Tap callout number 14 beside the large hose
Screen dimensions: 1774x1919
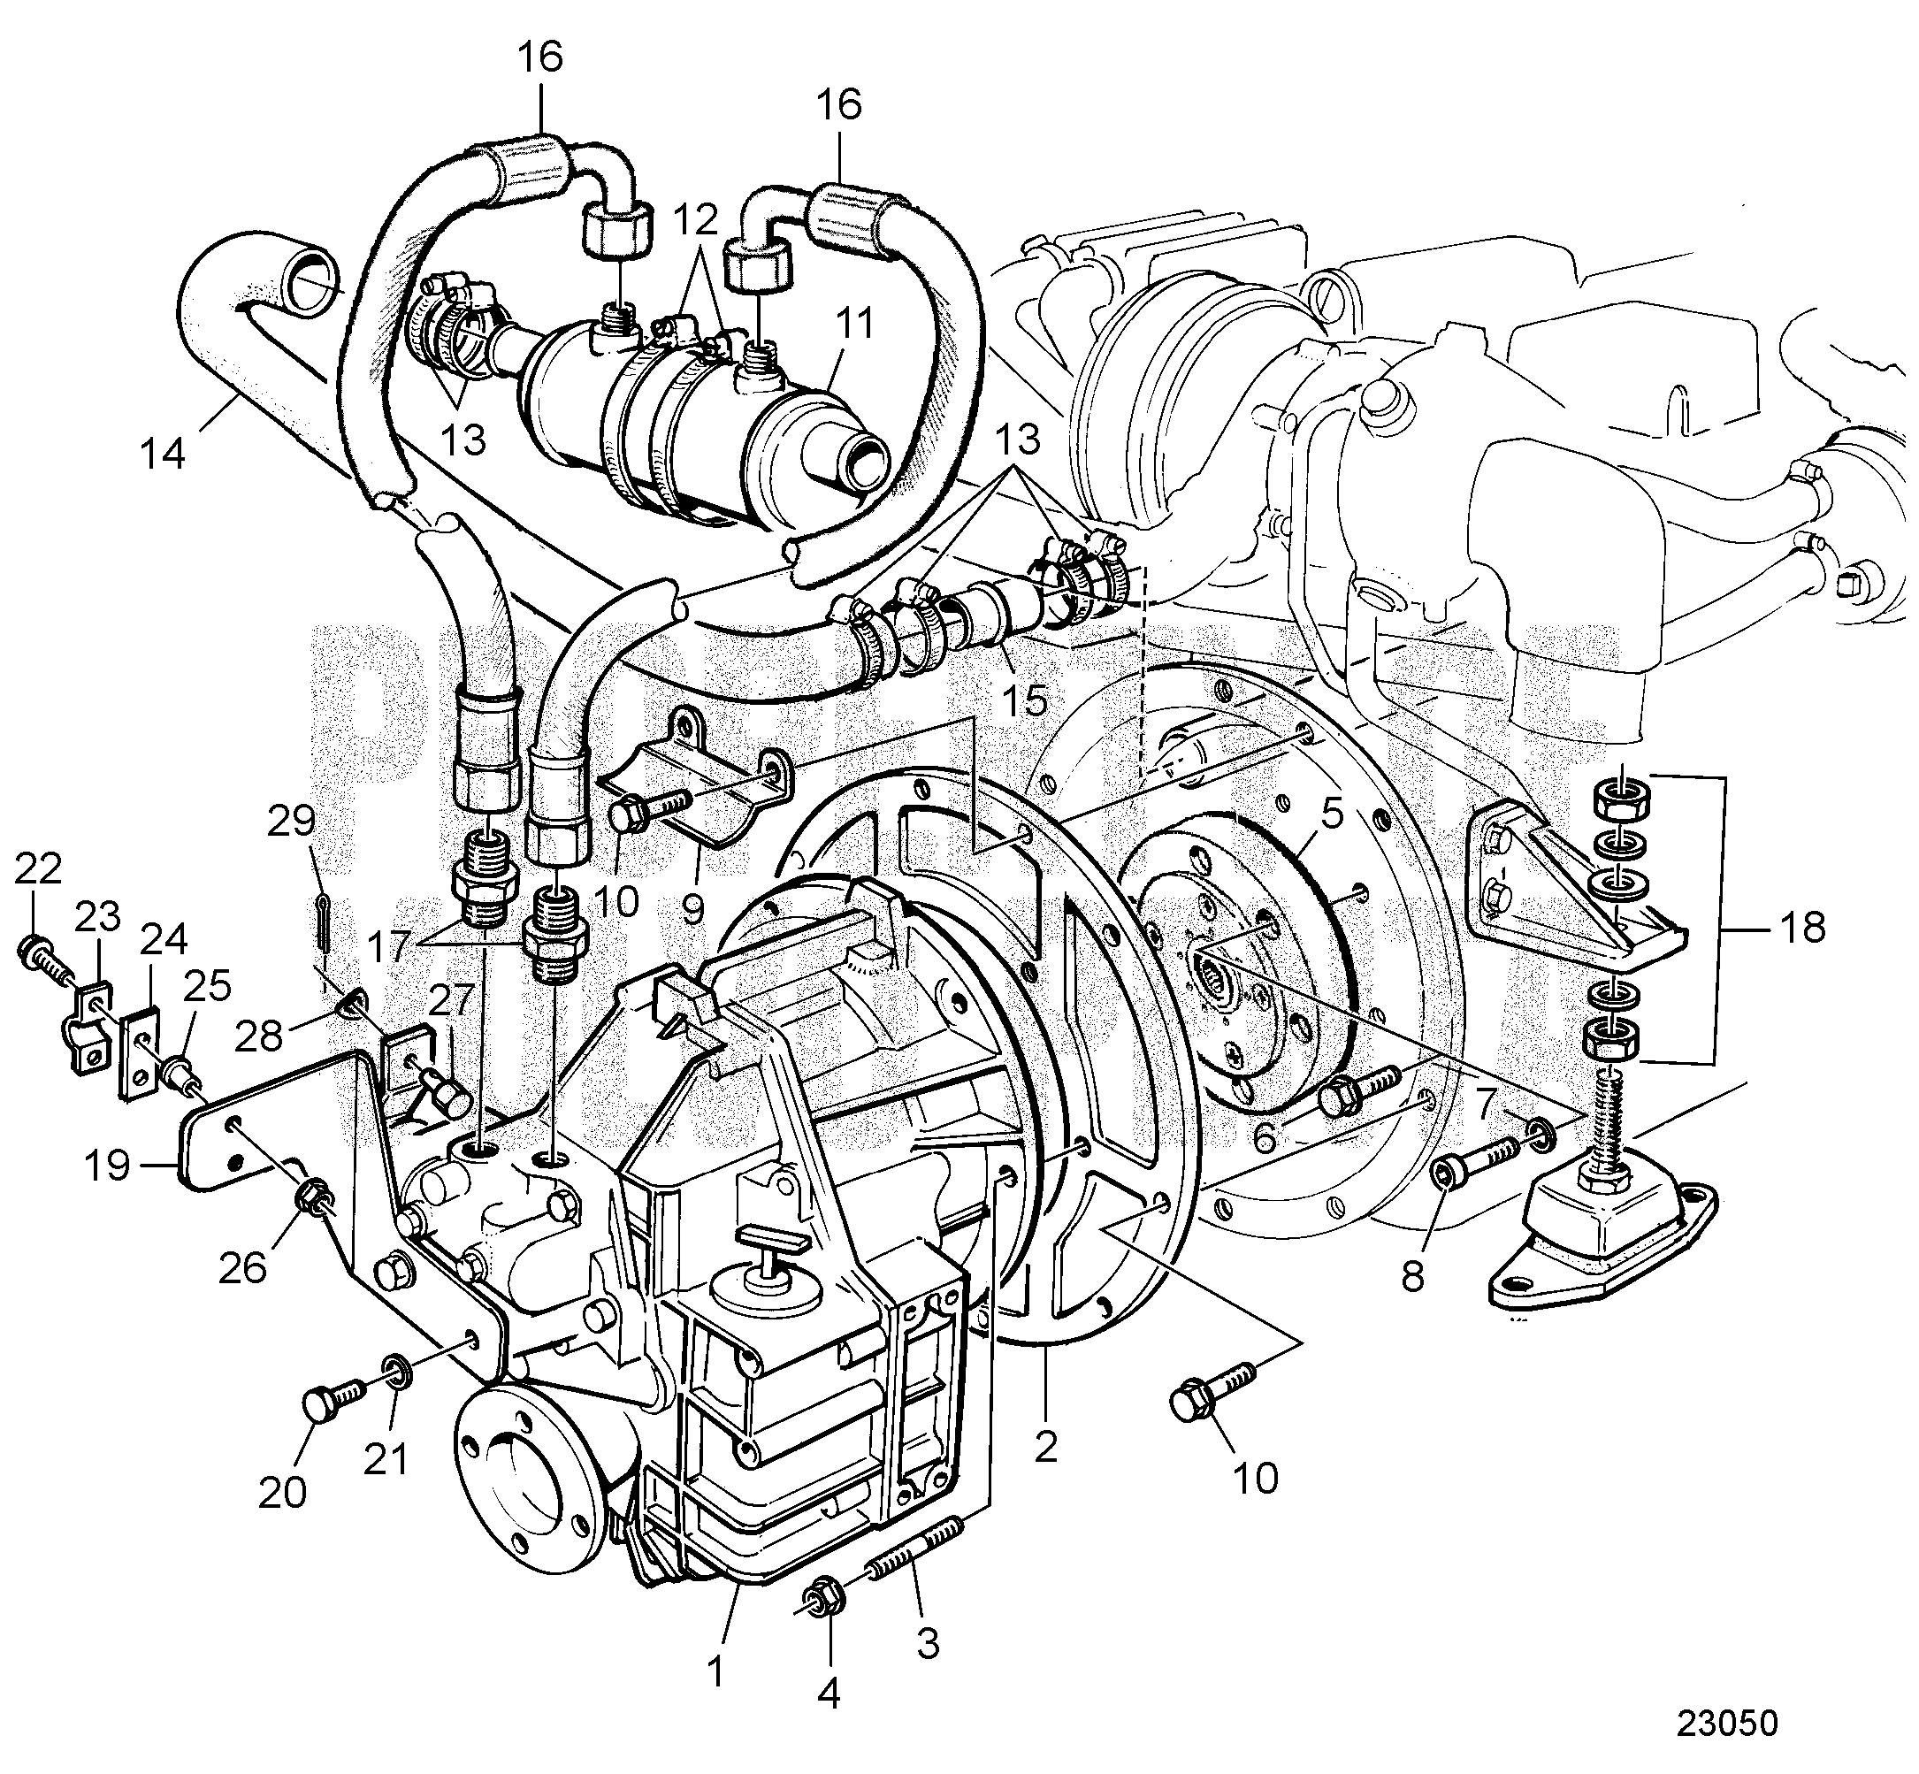click(x=161, y=451)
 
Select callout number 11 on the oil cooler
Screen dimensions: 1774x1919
click(x=853, y=324)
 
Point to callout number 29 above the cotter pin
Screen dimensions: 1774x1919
click(x=291, y=822)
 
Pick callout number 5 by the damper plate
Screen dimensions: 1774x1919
click(x=1331, y=815)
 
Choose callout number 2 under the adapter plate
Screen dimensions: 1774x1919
click(x=1045, y=1446)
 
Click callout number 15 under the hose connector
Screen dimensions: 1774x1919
click(x=1025, y=700)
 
